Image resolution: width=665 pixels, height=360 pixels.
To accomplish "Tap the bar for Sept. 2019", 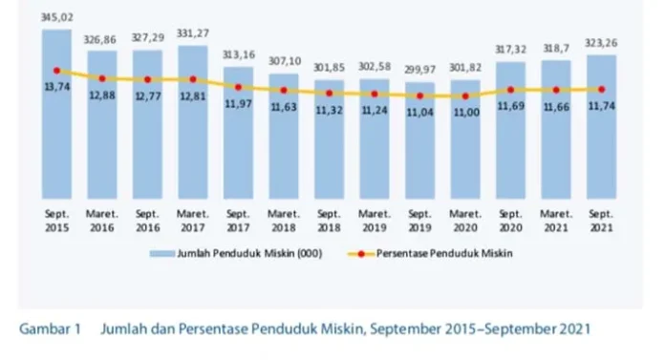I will [x=419, y=143].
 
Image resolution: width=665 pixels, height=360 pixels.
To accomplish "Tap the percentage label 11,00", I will [x=464, y=112].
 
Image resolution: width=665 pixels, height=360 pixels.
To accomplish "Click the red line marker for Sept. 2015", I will [x=56, y=71].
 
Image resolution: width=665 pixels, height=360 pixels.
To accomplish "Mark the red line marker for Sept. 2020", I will [x=510, y=90].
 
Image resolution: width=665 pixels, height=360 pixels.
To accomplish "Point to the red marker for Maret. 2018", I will [x=284, y=90].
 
